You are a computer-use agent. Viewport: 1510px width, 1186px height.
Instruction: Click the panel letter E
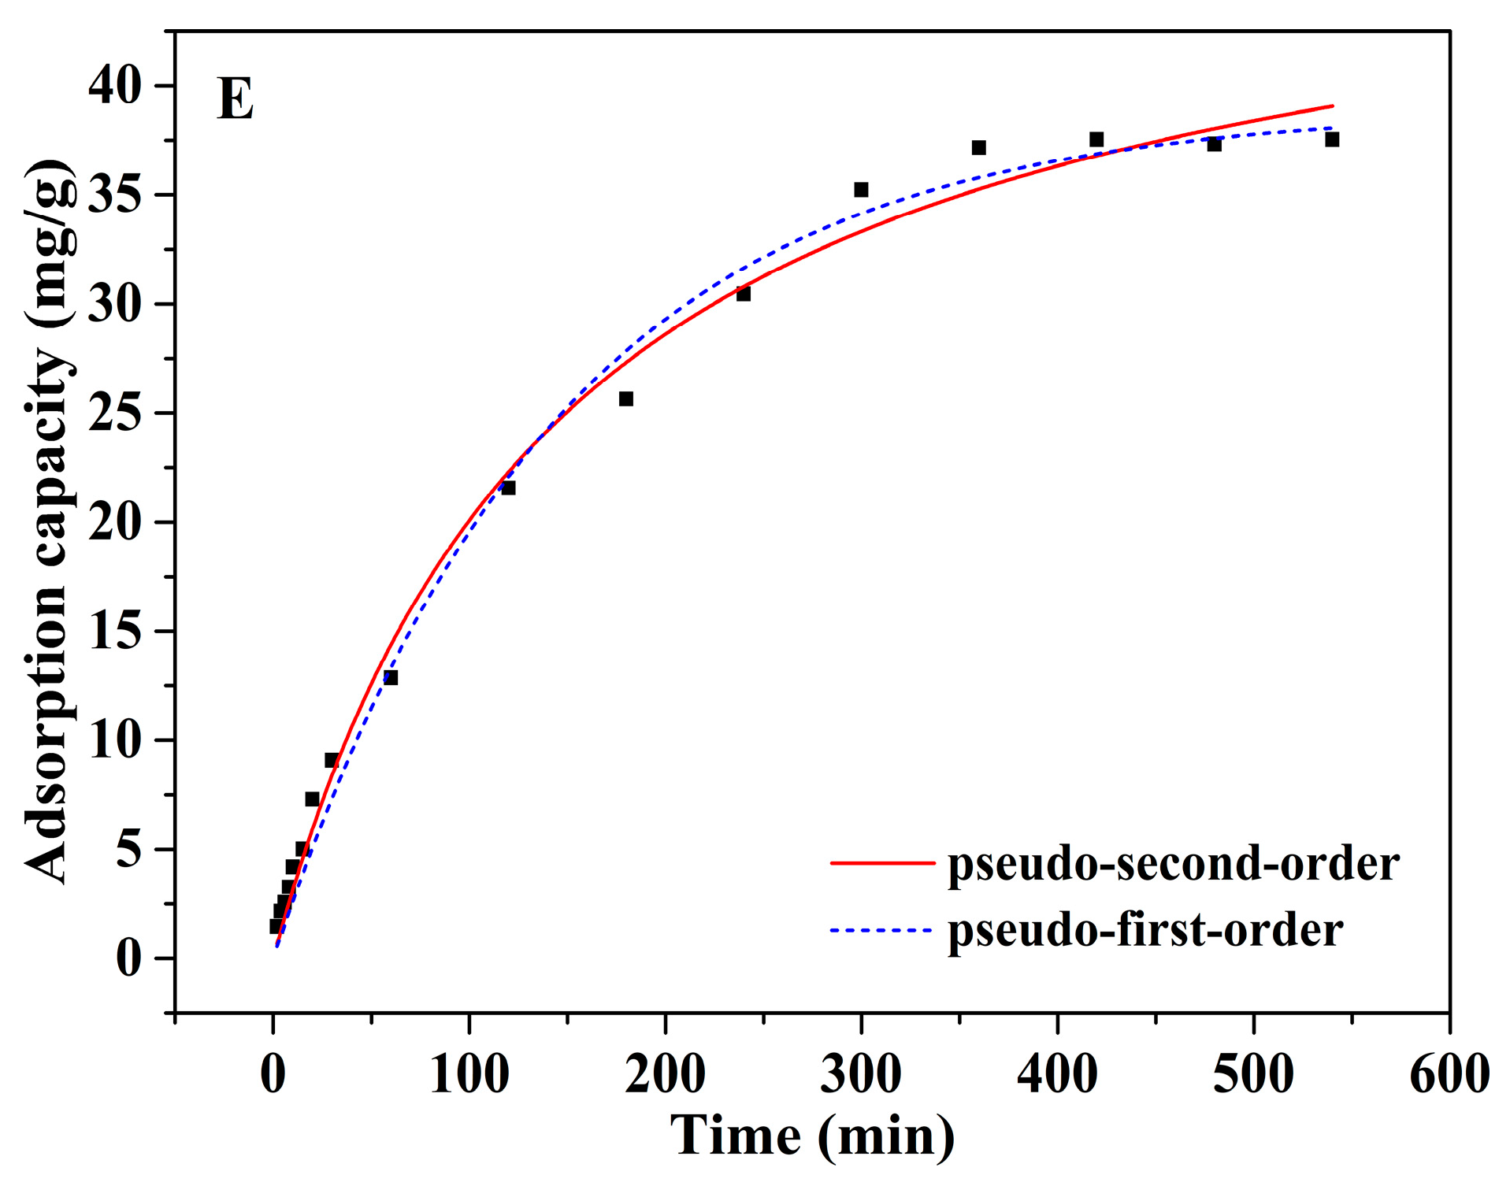(235, 99)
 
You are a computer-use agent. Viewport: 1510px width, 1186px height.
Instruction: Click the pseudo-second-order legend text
(1173, 865)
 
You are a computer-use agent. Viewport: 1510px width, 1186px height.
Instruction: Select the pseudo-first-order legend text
(1145, 930)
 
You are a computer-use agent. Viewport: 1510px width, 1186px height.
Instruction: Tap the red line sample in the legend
(881, 863)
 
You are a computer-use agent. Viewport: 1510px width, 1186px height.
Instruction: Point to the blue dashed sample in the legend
(881, 930)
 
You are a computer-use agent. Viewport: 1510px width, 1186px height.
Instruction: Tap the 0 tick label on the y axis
(129, 958)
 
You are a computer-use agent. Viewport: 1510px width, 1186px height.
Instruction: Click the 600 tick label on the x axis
(1449, 1073)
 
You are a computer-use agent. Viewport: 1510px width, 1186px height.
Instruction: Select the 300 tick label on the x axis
(861, 1073)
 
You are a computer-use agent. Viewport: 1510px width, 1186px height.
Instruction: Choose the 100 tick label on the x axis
(469, 1073)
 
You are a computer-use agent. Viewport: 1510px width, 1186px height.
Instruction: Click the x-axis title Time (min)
(812, 1136)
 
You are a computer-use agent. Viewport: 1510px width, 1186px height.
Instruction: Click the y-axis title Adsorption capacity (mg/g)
(49, 521)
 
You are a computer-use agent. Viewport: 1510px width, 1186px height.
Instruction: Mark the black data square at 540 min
(1332, 139)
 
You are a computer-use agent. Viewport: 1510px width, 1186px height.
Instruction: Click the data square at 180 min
(626, 398)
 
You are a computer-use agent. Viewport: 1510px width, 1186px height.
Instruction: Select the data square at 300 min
(861, 190)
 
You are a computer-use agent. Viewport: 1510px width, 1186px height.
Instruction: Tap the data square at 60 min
(391, 677)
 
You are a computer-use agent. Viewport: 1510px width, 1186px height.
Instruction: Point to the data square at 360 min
(979, 147)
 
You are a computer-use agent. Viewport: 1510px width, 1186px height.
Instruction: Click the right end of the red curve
(1332, 106)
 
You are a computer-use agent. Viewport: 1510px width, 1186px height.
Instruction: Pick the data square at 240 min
(744, 294)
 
